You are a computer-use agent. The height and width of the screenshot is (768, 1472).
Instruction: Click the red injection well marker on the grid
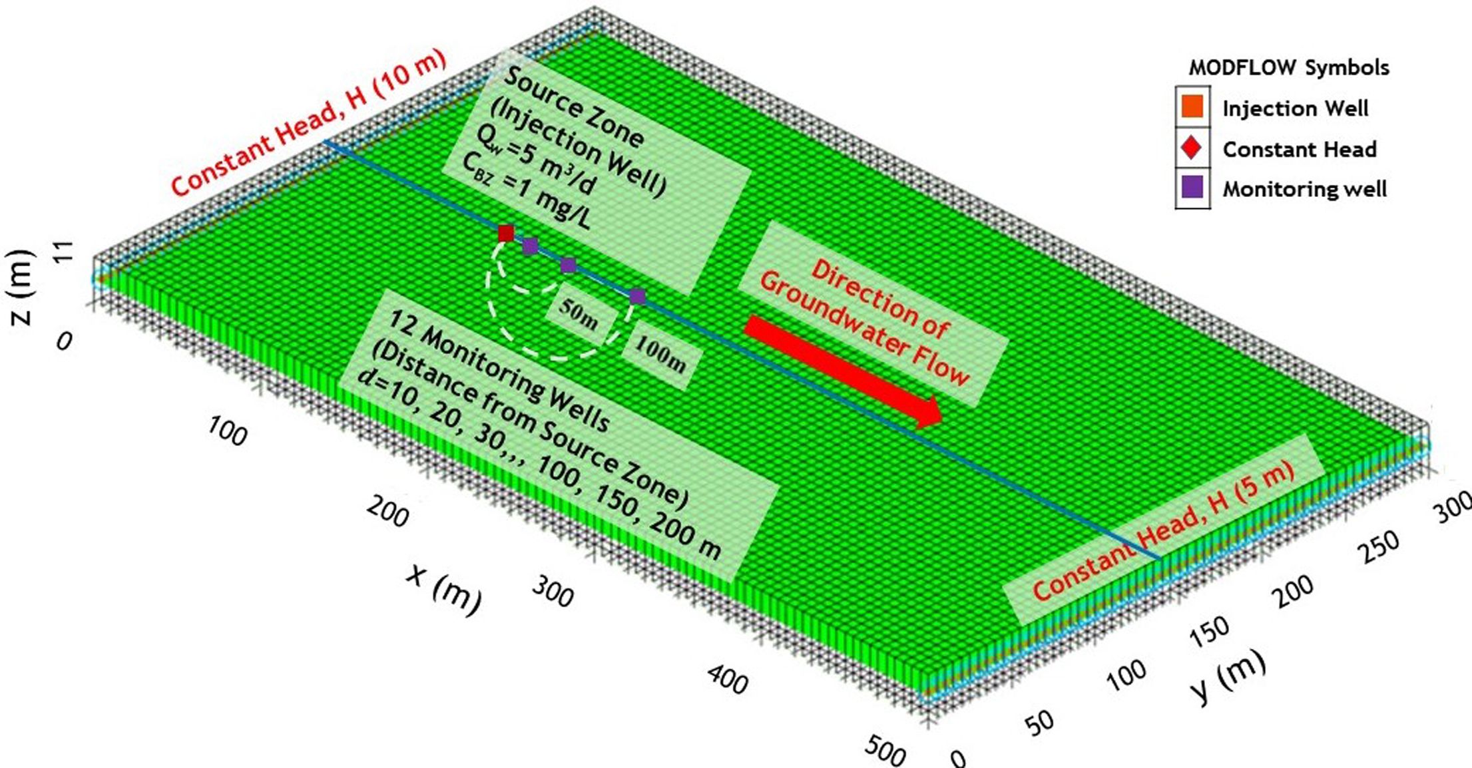coord(506,233)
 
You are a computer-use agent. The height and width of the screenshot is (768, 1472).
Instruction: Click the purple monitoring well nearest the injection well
coord(530,246)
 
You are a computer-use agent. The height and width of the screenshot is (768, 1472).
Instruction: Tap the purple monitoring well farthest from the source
coord(637,296)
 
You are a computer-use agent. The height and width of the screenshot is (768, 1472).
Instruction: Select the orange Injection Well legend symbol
coord(1192,107)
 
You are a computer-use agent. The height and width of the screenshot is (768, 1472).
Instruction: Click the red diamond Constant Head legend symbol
coord(1192,148)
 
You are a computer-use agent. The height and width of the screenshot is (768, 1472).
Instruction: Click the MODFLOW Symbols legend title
coord(1289,68)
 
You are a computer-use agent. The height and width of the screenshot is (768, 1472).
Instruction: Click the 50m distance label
coord(579,314)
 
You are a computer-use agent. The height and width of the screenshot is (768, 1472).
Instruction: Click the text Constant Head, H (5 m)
coord(1163,530)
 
